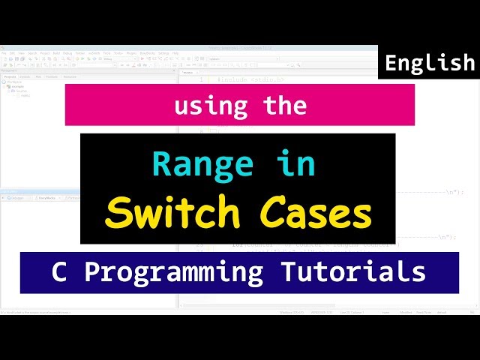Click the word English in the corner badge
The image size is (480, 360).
click(x=430, y=64)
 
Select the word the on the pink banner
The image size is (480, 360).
click(x=285, y=105)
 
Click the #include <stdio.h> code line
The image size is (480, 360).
click(x=250, y=79)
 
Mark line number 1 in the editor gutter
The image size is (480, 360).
click(x=201, y=79)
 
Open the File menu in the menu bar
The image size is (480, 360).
click(x=4, y=53)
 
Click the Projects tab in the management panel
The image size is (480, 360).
click(x=10, y=76)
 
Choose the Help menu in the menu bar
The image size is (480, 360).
click(x=175, y=53)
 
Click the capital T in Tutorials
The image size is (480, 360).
click(x=297, y=271)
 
